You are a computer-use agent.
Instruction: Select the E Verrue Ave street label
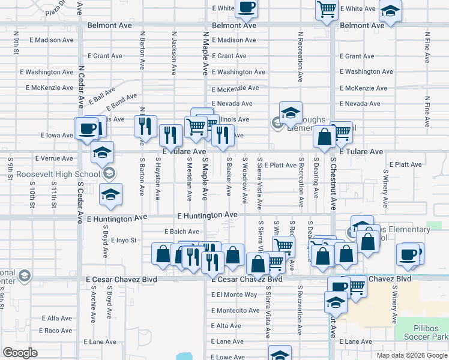(x=54, y=158)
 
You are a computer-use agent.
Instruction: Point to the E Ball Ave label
(x=101, y=97)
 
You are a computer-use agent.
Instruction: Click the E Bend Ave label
(x=124, y=103)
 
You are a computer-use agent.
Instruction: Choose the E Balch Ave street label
(x=181, y=231)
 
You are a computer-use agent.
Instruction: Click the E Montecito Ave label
(x=237, y=310)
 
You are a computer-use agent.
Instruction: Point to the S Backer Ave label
(x=229, y=176)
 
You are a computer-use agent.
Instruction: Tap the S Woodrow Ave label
(x=244, y=180)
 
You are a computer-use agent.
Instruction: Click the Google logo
(x=20, y=353)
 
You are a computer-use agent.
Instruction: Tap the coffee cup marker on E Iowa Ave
(x=87, y=128)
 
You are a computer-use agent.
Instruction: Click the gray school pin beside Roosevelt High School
(x=109, y=174)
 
